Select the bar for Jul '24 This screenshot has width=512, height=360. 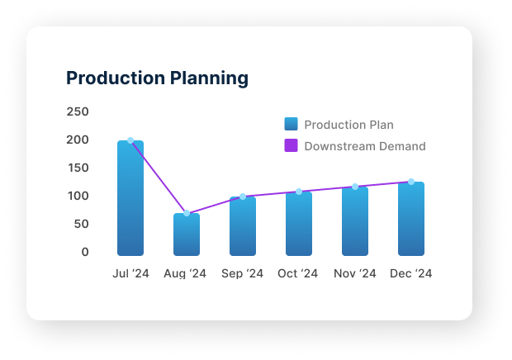[130, 198]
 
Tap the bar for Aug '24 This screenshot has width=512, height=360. [187, 234]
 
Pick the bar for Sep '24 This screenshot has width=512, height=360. [243, 226]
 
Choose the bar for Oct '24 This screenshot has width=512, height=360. [299, 224]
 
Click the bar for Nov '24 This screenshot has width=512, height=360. [355, 221]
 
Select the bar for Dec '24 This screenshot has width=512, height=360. [411, 219]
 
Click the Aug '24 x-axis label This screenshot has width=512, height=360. [185, 273]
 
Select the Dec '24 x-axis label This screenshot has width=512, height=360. [411, 273]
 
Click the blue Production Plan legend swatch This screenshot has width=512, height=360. [291, 125]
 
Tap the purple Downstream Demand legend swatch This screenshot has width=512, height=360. [291, 146]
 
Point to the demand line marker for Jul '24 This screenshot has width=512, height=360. [130, 140]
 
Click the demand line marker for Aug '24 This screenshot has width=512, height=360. [187, 213]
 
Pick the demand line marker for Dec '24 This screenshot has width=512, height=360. [411, 182]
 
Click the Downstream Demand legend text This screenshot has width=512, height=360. [365, 146]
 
